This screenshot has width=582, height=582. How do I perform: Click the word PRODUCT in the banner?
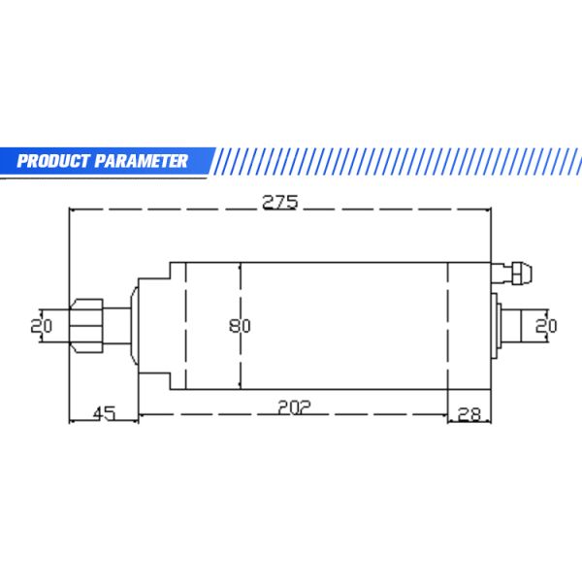click(53, 161)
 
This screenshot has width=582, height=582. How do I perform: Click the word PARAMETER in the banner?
click(141, 161)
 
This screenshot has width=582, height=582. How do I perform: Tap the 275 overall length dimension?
click(280, 203)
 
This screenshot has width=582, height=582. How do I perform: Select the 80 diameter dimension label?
click(240, 326)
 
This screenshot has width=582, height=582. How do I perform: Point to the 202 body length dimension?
click(294, 407)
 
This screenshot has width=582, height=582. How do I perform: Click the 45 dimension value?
click(105, 414)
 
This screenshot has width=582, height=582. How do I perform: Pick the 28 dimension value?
click(469, 414)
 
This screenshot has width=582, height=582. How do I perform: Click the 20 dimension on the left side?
click(41, 326)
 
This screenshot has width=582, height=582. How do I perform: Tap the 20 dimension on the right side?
click(545, 326)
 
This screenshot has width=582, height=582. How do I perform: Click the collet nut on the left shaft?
click(86, 326)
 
